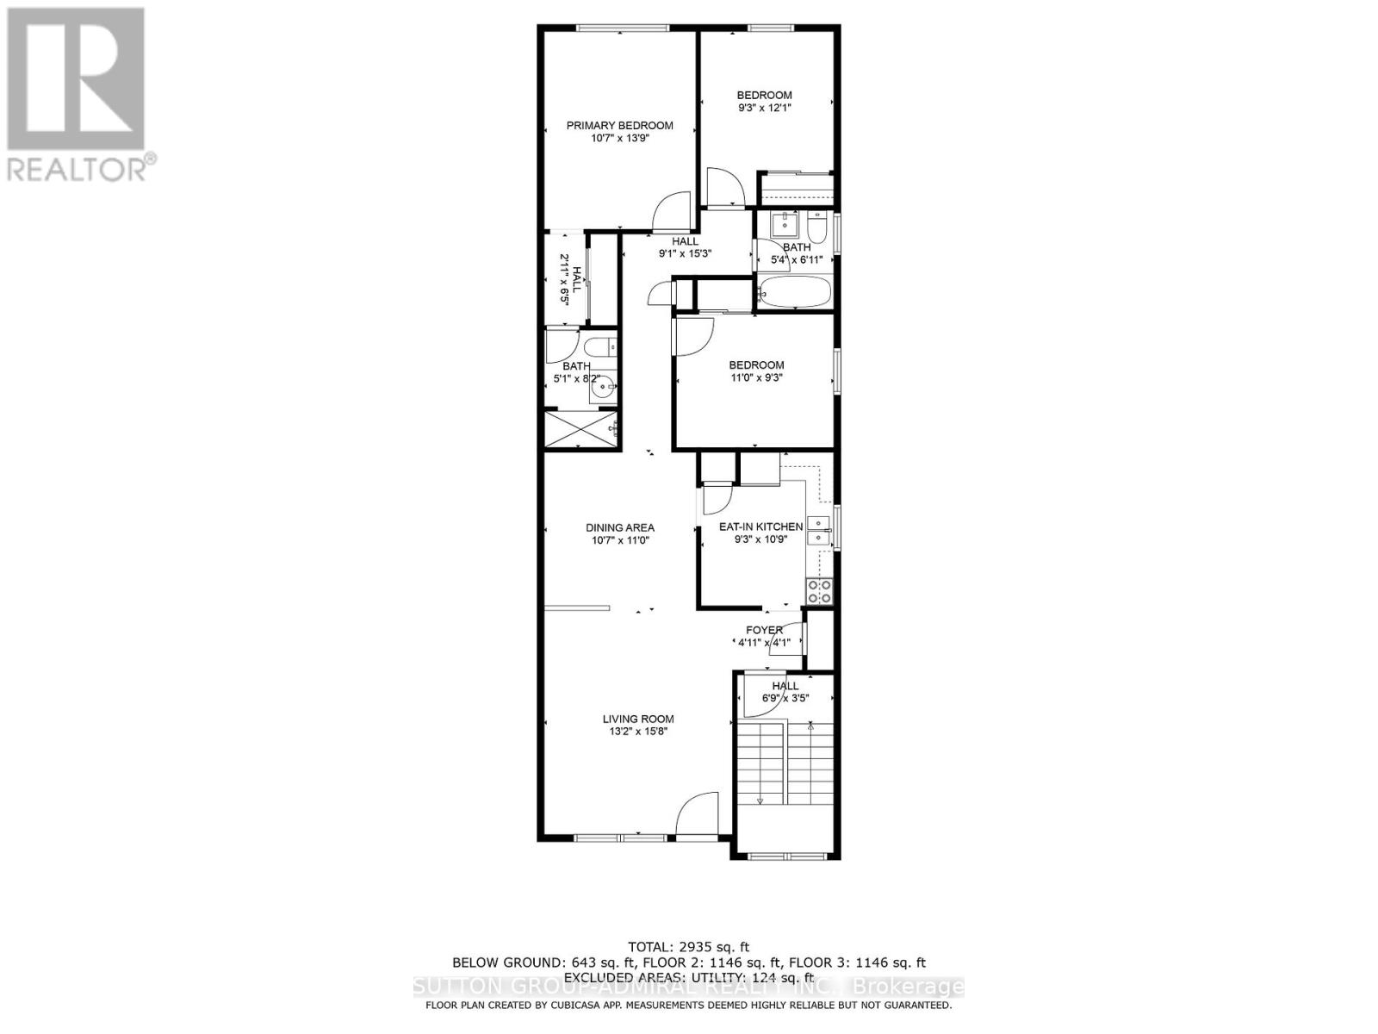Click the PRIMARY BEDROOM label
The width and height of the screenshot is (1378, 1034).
619,126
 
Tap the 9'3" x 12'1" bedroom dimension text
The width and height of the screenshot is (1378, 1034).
764,109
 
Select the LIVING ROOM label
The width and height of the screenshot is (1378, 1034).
637,719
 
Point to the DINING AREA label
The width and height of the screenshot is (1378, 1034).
619,527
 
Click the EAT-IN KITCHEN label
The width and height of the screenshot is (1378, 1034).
760,526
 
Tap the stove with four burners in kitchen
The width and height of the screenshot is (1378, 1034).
819,591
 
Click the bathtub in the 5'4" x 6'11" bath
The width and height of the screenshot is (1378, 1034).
793,291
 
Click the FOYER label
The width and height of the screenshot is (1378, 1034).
764,630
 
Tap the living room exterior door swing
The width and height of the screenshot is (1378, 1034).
698,814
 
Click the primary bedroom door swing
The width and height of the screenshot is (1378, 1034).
673,211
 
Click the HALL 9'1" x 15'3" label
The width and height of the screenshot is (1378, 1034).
686,247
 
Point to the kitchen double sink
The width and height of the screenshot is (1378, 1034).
818,531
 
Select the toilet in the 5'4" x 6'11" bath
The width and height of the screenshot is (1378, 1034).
817,227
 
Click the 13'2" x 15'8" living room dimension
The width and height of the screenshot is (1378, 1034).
637,732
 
